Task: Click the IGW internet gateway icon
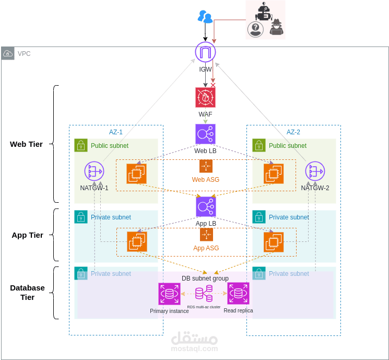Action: click(x=205, y=52)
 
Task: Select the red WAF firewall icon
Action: click(x=205, y=97)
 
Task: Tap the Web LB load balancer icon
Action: click(x=205, y=134)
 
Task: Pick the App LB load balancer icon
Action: click(x=205, y=206)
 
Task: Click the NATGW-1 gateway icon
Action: click(x=94, y=171)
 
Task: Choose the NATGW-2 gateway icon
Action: click(x=315, y=171)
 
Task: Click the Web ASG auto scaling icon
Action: click(x=206, y=166)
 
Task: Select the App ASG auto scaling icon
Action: click(x=206, y=235)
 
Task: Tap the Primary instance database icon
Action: click(x=169, y=294)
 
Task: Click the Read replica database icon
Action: click(x=238, y=294)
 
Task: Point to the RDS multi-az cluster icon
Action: click(x=204, y=294)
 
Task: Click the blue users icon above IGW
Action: click(x=205, y=17)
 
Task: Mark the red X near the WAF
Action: click(x=213, y=85)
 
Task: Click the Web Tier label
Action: click(x=26, y=144)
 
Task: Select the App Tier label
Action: click(x=27, y=235)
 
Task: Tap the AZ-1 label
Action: click(x=116, y=132)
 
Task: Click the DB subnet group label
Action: click(x=205, y=278)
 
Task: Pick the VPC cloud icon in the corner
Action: click(x=8, y=53)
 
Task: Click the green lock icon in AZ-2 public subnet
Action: click(x=258, y=145)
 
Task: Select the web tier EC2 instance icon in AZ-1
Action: click(x=136, y=173)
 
